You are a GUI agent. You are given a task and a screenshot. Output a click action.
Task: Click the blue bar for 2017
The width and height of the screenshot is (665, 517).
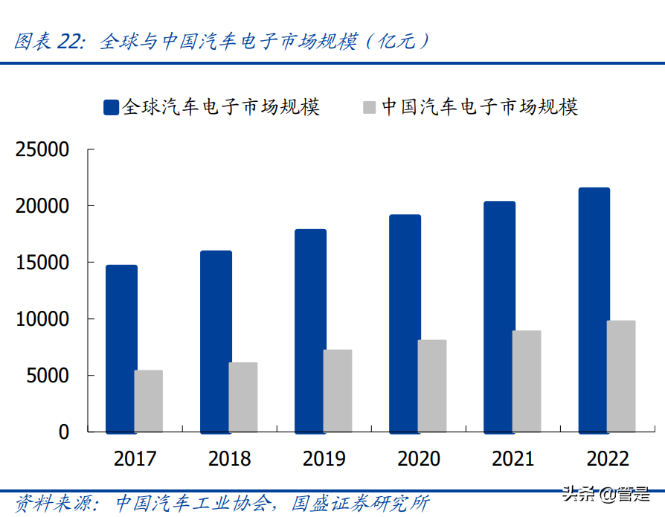[x=121, y=348]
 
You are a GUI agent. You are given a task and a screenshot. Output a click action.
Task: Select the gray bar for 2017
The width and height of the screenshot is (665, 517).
[x=149, y=401]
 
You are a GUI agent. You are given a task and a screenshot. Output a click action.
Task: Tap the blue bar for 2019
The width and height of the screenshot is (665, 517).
[x=310, y=330]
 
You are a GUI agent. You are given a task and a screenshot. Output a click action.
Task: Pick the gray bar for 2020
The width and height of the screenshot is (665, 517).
[x=432, y=385]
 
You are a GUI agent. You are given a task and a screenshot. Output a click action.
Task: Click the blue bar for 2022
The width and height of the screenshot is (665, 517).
[x=594, y=309]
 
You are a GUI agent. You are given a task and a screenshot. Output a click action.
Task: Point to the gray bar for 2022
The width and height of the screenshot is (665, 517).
[x=621, y=376]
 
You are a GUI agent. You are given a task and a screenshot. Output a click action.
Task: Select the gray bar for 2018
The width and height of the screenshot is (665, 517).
[x=243, y=396]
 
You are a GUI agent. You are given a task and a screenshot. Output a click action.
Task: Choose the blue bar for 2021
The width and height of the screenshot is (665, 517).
[x=500, y=316]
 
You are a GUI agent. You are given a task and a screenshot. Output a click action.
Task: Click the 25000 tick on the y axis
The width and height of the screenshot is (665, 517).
[x=42, y=150]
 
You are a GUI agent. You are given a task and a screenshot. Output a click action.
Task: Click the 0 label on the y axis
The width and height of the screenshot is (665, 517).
[x=63, y=432]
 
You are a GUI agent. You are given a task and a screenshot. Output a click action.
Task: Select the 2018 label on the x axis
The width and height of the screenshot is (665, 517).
[x=230, y=458]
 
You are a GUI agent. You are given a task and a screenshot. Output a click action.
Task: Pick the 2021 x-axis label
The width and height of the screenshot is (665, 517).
[x=513, y=458]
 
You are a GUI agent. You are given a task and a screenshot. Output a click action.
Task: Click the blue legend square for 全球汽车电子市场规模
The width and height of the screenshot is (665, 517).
[x=111, y=107]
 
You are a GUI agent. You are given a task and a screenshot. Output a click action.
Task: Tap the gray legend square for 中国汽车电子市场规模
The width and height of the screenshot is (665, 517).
[x=370, y=107]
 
